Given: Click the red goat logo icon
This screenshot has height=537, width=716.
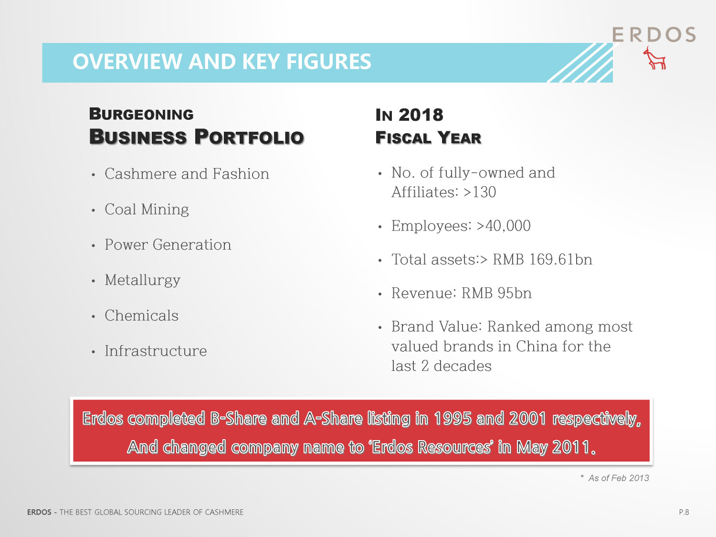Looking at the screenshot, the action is pos(655,58).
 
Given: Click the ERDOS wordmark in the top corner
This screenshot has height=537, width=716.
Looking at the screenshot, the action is pos(654,34).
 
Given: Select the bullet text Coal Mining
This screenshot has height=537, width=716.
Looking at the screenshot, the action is pos(147,210).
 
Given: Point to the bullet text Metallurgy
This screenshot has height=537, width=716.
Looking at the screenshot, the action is pos(143,280).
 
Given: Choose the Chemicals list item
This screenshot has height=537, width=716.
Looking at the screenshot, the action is pos(142,316).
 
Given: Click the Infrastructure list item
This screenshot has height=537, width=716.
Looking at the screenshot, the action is pos(156,351).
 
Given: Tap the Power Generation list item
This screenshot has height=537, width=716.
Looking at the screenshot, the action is pos(168,244).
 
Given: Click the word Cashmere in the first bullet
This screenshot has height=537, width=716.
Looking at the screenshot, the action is pos(141,174).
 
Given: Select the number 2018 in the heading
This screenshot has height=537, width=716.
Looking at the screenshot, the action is pos(421,115).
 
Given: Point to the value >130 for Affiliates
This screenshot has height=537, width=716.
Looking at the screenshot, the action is pos(480,192).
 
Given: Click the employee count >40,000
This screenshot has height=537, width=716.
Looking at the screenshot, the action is pos(504,226).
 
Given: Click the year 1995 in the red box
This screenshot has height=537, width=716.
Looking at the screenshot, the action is pos(453,418).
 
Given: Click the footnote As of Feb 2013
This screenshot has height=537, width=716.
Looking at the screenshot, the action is pos(619,478).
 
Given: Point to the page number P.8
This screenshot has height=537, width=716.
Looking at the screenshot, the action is pos(684,512).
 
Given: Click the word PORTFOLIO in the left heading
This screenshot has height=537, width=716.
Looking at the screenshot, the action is pos(249,137).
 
